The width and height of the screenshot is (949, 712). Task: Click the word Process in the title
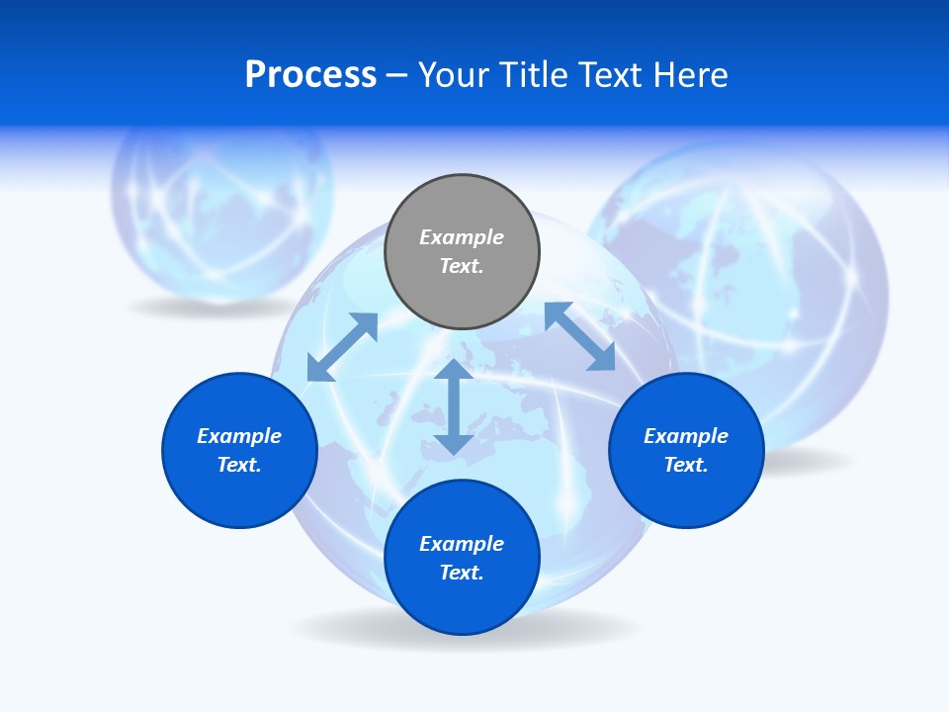(310, 75)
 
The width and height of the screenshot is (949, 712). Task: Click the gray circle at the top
(462, 287)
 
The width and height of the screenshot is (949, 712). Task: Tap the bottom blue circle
(462, 603)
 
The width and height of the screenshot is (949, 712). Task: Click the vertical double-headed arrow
(454, 406)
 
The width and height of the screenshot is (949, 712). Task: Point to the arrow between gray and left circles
(343, 346)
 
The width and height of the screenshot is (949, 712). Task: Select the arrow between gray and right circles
(579, 336)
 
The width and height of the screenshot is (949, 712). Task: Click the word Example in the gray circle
(462, 237)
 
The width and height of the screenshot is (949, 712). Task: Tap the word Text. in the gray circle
(462, 266)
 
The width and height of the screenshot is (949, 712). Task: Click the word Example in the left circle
(239, 436)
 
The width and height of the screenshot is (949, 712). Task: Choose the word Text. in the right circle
(686, 465)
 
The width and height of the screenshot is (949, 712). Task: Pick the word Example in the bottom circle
(462, 544)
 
